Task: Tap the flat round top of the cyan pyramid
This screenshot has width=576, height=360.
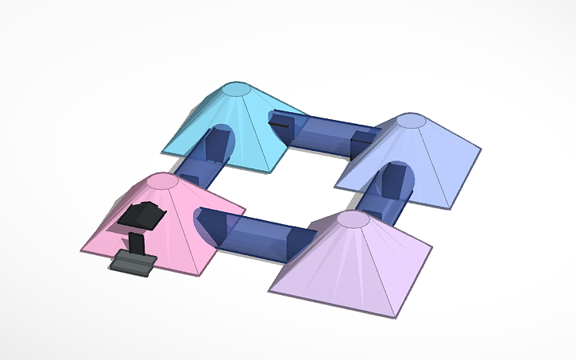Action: [x=235, y=89]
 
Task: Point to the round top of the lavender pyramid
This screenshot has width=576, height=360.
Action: [x=353, y=219]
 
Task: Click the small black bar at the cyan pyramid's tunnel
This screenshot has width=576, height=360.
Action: [x=280, y=124]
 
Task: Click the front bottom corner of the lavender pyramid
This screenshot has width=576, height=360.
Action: [x=392, y=317]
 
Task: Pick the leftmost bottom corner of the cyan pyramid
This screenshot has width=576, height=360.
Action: [x=161, y=151]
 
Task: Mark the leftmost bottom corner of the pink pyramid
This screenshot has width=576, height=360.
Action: [x=80, y=250]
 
